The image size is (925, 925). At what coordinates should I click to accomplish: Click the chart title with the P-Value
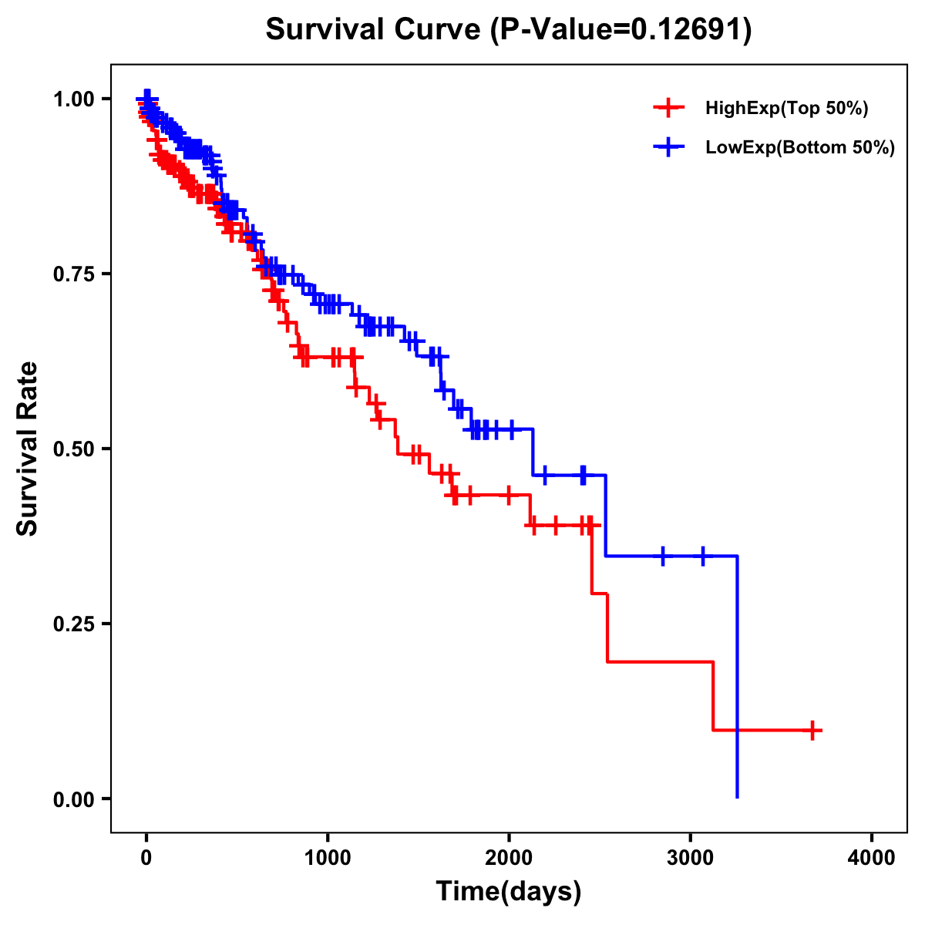point(509,30)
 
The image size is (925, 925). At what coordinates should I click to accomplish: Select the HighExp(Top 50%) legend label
point(787,109)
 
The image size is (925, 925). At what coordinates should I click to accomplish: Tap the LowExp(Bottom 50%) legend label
point(800,148)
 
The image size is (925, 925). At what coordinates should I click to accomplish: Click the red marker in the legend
point(669,108)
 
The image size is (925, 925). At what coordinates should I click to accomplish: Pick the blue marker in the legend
point(669,147)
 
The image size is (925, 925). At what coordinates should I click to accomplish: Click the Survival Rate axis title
point(28,449)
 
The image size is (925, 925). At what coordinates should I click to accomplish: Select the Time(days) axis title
point(509,892)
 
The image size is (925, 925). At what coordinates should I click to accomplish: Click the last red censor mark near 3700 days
point(812,730)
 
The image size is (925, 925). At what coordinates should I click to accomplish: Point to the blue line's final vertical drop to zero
point(738,678)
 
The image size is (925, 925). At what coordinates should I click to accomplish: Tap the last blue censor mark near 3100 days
point(703,556)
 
